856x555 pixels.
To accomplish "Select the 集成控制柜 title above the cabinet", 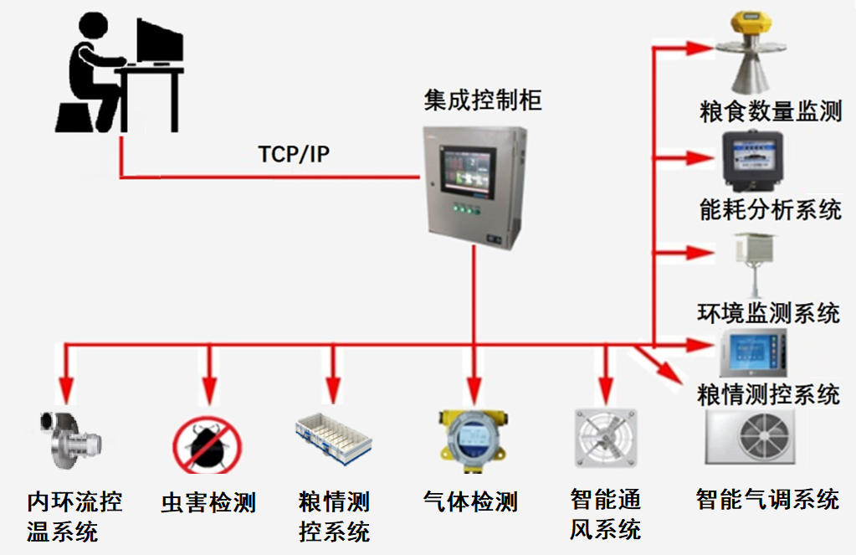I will click(483, 101).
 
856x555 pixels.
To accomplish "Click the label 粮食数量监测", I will click(770, 111).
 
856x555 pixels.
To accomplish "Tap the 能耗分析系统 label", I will click(770, 209).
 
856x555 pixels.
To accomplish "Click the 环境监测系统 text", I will click(768, 313).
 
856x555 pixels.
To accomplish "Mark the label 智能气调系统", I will click(767, 501).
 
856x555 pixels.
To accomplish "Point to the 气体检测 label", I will click(471, 502).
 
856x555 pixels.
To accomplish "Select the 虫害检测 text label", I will click(208, 503).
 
